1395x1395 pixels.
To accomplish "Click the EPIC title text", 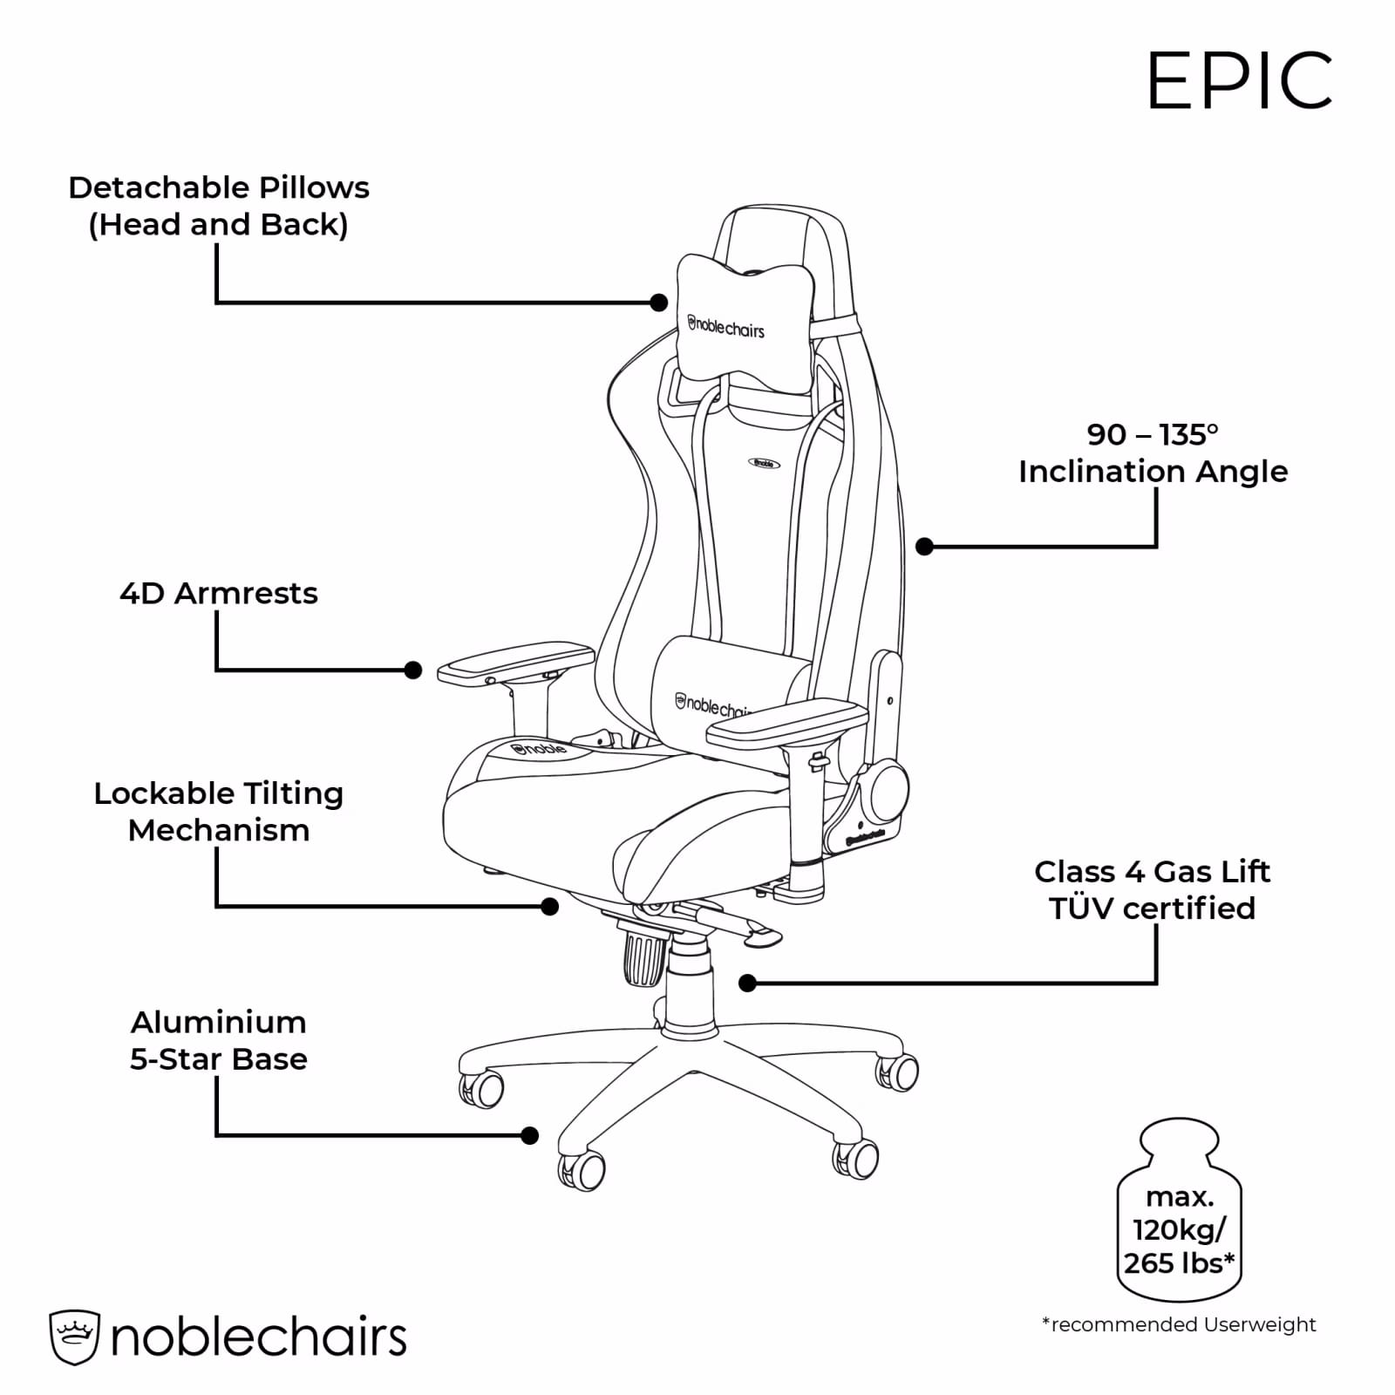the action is pyautogui.click(x=1239, y=80).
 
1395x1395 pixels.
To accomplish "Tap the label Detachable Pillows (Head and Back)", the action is pyautogui.click(x=219, y=206).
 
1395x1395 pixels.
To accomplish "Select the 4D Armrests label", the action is pyautogui.click(x=219, y=593).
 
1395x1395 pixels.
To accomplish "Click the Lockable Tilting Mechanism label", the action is pyautogui.click(x=219, y=812).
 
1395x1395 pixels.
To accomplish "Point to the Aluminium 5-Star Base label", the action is pyautogui.click(x=219, y=1040).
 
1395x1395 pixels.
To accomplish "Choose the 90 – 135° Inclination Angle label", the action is pyautogui.click(x=1153, y=453).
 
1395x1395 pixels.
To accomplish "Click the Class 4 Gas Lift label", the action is pyautogui.click(x=1153, y=889).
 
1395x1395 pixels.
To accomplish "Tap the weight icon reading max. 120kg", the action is pyautogui.click(x=1179, y=1210).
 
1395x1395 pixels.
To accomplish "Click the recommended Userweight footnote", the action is pyautogui.click(x=1179, y=1325).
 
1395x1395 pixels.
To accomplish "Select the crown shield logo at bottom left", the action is pyautogui.click(x=75, y=1337).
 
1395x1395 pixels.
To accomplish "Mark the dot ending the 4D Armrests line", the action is pyautogui.click(x=413, y=670).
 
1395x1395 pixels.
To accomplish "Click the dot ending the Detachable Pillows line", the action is pyautogui.click(x=659, y=303).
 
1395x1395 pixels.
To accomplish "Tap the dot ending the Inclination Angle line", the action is pyautogui.click(x=925, y=547).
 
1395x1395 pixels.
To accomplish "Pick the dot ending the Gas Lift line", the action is pyautogui.click(x=747, y=983).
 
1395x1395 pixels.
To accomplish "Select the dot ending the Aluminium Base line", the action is pyautogui.click(x=529, y=1135).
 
